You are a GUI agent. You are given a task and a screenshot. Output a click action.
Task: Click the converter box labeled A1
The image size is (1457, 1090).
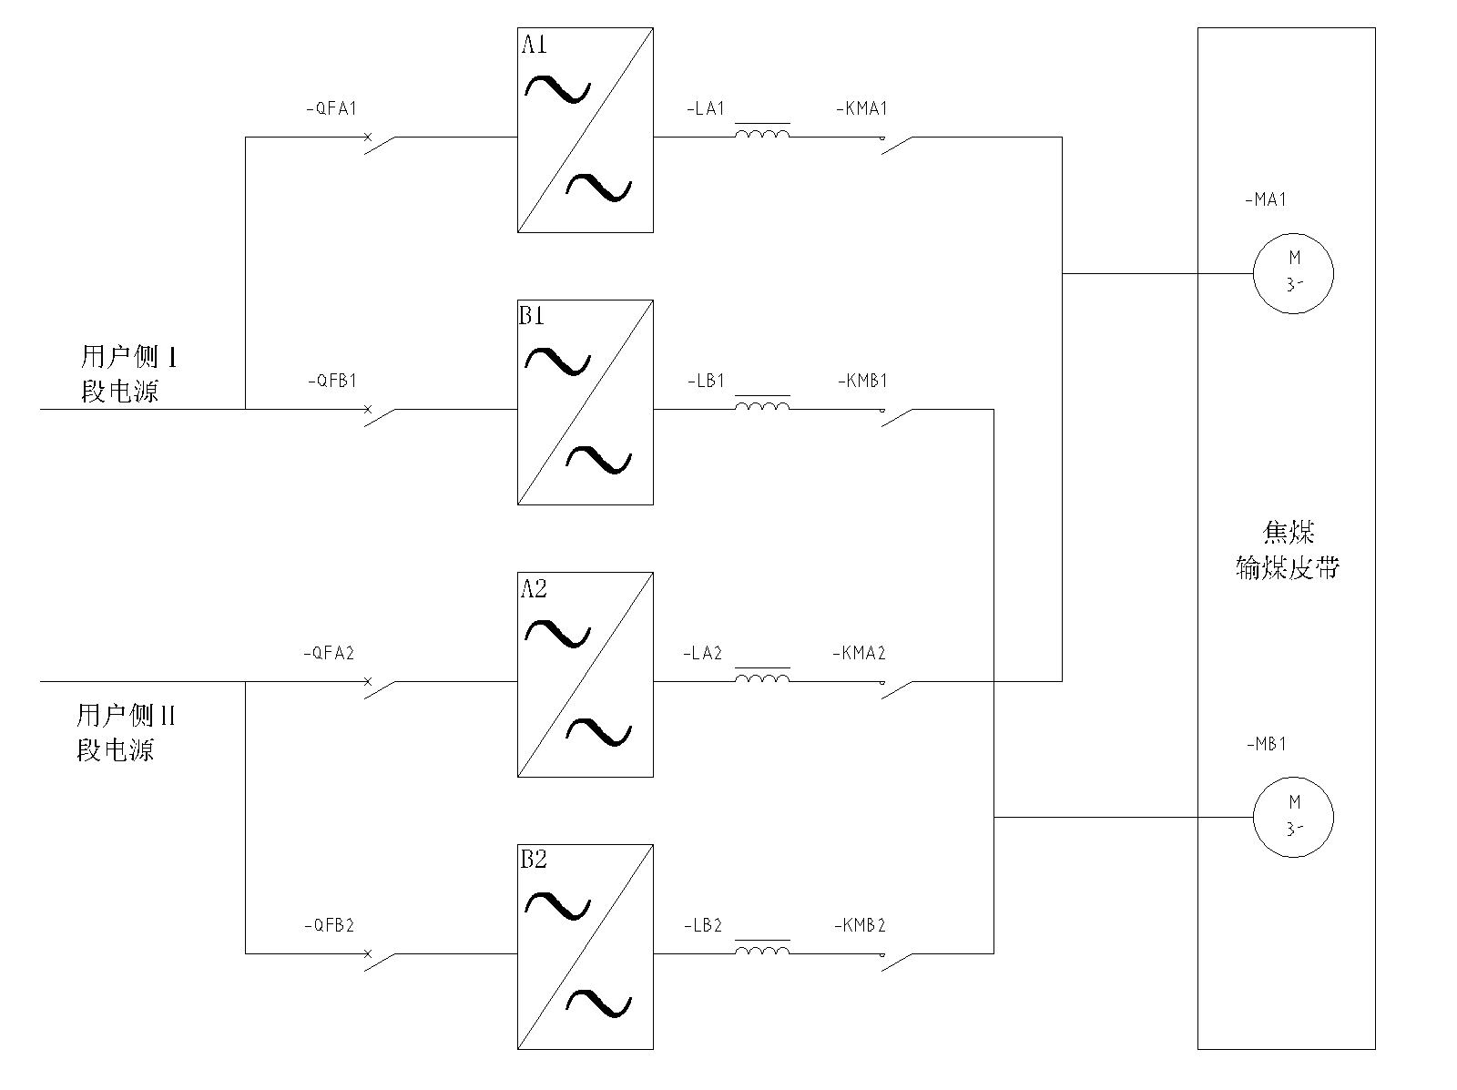(x=585, y=130)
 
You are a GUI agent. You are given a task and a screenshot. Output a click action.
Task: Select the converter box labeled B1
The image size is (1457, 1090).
(x=585, y=402)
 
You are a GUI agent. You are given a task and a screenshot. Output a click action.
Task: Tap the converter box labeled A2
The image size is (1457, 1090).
(x=585, y=674)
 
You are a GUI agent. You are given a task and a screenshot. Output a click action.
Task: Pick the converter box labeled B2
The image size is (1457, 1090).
(x=585, y=947)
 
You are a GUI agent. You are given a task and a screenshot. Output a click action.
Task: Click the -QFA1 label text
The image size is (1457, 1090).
(x=331, y=108)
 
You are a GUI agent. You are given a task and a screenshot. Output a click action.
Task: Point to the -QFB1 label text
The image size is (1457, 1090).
(x=331, y=381)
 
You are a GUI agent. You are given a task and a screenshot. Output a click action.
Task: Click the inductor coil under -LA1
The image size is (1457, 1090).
(x=762, y=135)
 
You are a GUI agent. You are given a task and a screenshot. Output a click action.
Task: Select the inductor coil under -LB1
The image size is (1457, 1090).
(x=762, y=406)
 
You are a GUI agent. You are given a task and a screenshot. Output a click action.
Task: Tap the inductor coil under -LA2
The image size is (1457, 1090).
(x=762, y=678)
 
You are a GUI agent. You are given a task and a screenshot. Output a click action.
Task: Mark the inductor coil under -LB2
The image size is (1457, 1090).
(x=762, y=951)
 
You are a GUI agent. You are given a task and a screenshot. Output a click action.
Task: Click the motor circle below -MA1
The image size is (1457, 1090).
(x=1293, y=273)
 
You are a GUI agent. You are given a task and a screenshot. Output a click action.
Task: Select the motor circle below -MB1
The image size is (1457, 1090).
(x=1293, y=817)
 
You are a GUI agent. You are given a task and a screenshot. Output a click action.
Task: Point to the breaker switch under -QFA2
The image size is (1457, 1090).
(x=381, y=688)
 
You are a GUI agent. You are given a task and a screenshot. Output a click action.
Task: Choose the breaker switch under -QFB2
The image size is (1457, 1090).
(x=381, y=961)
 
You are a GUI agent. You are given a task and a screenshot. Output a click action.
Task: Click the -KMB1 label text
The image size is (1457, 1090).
(x=861, y=381)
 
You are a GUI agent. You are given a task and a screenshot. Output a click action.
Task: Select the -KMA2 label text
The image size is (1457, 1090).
(x=859, y=653)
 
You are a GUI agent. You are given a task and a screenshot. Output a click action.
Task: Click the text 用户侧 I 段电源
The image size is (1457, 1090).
(x=128, y=373)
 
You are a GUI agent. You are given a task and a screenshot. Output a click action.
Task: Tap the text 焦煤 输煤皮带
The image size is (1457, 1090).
(x=1288, y=551)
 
